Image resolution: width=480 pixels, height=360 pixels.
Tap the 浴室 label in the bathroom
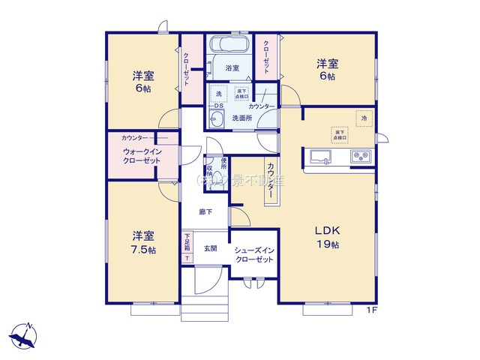point(232,68)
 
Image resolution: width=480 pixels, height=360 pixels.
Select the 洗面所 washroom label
point(241,118)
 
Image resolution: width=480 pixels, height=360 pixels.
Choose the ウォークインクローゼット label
point(142,156)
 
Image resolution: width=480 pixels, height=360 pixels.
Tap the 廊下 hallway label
point(205,212)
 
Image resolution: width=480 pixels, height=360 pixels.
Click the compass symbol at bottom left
point(25,334)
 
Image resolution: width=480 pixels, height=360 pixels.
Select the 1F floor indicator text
point(371,310)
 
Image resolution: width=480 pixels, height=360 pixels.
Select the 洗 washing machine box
point(219,94)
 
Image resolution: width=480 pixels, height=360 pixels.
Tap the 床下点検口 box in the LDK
point(340,134)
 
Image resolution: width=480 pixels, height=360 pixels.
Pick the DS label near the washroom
point(218,106)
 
